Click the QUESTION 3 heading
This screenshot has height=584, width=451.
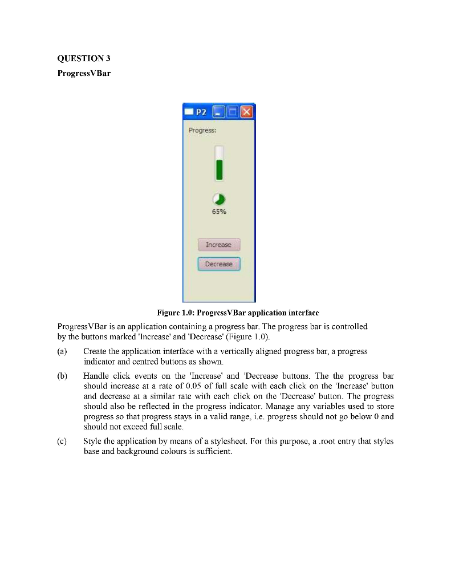(x=80, y=58)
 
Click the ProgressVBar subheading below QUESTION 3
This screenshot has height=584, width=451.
(x=84, y=74)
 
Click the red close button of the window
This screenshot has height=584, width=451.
(x=247, y=112)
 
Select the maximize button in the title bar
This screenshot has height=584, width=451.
(x=232, y=112)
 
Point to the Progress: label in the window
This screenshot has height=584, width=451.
(x=202, y=130)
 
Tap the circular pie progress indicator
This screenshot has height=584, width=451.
(x=219, y=199)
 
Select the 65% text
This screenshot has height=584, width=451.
(x=219, y=212)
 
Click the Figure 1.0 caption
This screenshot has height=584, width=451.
(x=237, y=313)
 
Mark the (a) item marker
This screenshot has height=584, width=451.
(x=62, y=352)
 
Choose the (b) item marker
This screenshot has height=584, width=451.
(x=62, y=376)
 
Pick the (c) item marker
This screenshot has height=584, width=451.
(x=62, y=441)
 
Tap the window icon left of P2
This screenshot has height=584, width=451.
(x=190, y=112)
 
